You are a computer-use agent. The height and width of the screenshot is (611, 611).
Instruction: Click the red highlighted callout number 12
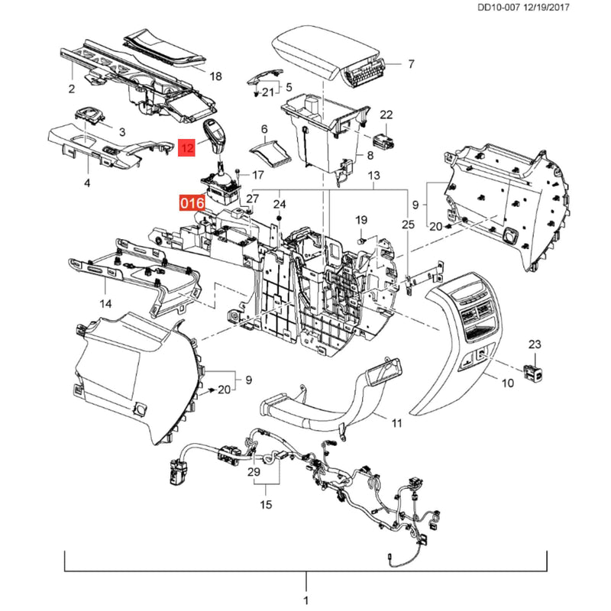click(x=186, y=147)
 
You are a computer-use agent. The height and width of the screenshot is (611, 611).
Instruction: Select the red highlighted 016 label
click(x=192, y=203)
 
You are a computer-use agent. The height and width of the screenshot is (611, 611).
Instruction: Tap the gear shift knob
click(x=215, y=137)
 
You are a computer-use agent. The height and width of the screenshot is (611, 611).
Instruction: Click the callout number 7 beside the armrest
click(x=411, y=63)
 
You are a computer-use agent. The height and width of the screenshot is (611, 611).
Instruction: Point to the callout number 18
click(x=215, y=76)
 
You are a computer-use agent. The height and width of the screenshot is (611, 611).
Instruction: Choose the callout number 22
click(x=386, y=115)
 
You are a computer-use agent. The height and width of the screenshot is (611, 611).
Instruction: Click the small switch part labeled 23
click(x=533, y=373)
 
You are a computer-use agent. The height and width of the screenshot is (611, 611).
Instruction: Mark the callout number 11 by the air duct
click(x=396, y=423)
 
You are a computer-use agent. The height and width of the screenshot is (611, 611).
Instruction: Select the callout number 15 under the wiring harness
click(x=266, y=505)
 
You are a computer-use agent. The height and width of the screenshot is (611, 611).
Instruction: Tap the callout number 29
click(x=254, y=472)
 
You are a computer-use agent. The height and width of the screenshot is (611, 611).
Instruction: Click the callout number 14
click(x=105, y=303)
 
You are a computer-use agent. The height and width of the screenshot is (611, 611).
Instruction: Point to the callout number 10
click(x=507, y=383)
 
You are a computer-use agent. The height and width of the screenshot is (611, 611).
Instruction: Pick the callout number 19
click(x=361, y=220)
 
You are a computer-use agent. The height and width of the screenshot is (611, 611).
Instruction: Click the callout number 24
click(x=279, y=204)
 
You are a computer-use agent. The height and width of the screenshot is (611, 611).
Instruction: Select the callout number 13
click(x=373, y=176)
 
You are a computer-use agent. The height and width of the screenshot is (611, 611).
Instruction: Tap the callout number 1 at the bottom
click(x=306, y=600)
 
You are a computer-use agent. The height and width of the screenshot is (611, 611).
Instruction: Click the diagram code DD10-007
click(x=499, y=7)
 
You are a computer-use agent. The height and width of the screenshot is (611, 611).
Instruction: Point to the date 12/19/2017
click(x=546, y=7)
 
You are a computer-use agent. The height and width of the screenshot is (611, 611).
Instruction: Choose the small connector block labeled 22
click(x=383, y=141)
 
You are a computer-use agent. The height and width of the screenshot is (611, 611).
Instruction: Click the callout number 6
click(x=264, y=129)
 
